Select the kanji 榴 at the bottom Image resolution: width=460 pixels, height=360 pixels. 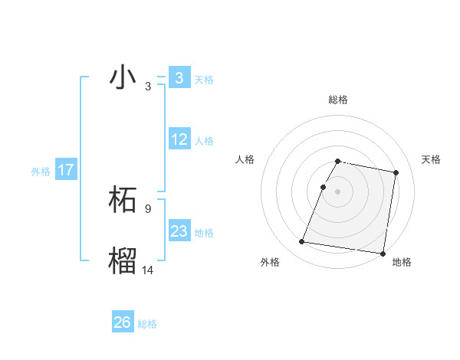pos(123,260)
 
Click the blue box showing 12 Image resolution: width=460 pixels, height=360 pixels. pos(179,139)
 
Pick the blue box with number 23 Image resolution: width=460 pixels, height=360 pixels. pos(179,231)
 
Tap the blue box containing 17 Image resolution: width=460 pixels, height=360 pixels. pos(66,170)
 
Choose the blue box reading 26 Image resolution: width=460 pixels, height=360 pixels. pos(123,322)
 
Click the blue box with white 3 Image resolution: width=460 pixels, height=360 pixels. pos(179,78)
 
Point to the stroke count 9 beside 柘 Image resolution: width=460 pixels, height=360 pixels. pos(147,208)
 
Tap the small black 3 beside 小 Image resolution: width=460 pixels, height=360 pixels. pos(147,87)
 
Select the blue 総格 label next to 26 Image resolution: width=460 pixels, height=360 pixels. pos(147,324)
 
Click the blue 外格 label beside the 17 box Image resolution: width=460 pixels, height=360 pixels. pos(41,172)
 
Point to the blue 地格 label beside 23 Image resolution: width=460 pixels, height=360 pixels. pos(204,233)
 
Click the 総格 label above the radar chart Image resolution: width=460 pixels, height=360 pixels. pos(337,100)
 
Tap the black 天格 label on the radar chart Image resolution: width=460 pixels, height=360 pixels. pos(431,159)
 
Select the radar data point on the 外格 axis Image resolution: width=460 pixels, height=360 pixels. pos(302,242)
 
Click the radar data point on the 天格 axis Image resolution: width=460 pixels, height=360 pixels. pos(396,173)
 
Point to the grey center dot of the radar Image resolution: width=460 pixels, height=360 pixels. pos(337,191)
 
